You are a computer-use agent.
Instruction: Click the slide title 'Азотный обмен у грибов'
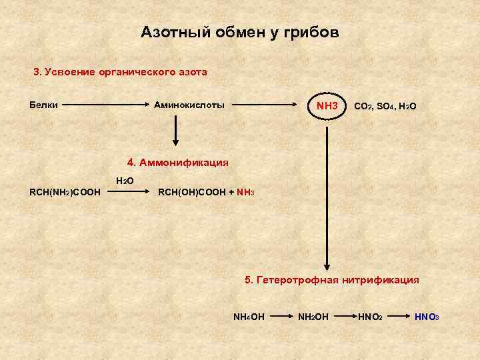[x=239, y=33]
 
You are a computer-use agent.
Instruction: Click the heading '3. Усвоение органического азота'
[x=121, y=71]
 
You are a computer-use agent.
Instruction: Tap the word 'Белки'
[x=44, y=105]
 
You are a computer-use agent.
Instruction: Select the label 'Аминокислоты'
[x=189, y=105]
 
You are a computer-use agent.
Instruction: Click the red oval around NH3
[x=327, y=106]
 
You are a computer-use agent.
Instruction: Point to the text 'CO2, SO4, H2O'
[x=385, y=106]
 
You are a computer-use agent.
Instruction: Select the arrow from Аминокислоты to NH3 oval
[x=268, y=105]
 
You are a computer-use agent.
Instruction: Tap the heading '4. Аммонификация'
[x=177, y=162]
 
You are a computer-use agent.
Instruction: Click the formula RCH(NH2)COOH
[x=65, y=193]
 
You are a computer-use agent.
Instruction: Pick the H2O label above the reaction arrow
[x=125, y=181]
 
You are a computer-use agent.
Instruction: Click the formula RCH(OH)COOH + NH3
[x=205, y=193]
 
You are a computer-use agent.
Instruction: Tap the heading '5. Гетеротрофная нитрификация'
[x=332, y=281]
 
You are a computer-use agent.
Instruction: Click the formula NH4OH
[x=249, y=315]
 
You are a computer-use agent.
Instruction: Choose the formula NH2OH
[x=313, y=315]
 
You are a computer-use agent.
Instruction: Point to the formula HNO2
[x=370, y=315]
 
